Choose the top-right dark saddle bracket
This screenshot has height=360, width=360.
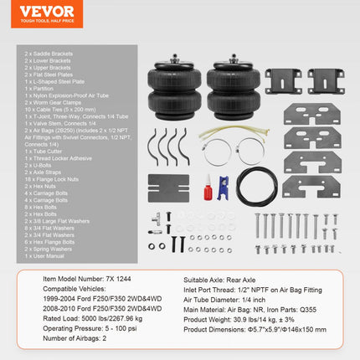[x=327, y=81]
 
